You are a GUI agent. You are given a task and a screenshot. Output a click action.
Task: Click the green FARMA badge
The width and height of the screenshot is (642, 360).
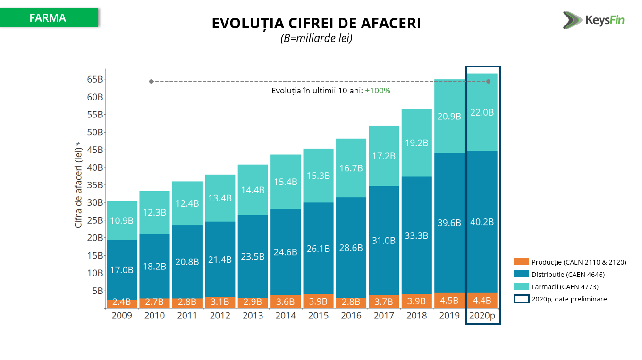49,18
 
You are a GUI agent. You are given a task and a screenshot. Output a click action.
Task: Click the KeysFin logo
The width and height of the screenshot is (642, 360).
593,20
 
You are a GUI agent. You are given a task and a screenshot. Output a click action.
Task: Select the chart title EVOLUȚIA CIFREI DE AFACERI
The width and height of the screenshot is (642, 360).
316,24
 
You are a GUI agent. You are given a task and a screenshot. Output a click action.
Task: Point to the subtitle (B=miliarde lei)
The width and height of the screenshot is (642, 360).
316,39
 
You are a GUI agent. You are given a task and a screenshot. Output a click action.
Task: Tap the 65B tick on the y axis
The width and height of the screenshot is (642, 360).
94,79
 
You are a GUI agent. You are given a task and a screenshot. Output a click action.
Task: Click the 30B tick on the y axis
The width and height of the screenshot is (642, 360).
94,202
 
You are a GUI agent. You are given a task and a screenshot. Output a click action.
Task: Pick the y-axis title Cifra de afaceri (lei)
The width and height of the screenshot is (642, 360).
78,187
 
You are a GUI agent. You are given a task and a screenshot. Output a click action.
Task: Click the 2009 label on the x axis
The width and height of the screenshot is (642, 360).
122,316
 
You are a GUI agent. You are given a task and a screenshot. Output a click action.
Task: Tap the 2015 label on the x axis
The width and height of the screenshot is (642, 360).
318,316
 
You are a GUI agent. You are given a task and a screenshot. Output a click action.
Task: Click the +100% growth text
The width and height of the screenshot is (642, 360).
377,91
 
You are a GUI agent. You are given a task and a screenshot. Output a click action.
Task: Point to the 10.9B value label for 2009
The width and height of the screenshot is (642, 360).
122,221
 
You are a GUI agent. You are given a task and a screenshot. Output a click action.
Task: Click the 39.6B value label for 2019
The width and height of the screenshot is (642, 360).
449,223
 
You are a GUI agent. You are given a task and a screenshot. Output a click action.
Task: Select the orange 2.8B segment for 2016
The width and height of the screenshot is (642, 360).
351,302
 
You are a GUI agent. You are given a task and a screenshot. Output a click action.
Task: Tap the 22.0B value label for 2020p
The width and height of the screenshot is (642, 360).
482,112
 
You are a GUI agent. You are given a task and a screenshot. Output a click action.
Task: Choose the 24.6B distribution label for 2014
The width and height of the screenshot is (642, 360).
286,252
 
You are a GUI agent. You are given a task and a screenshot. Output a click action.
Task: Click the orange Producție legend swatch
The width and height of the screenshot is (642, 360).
521,262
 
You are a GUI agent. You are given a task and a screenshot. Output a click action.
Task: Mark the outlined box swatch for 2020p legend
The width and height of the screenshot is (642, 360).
521,299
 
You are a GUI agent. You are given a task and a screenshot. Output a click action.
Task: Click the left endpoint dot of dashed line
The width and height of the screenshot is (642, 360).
152,82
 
